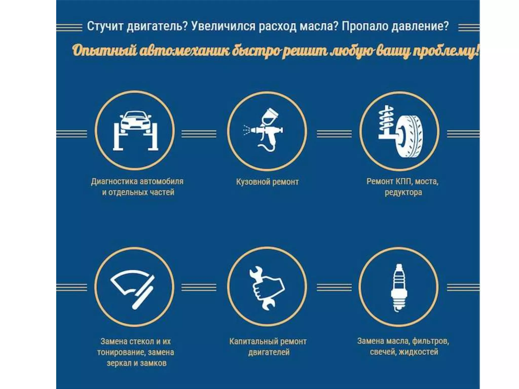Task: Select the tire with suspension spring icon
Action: coord(400,131)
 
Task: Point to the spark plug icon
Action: coord(399,287)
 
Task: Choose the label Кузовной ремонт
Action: coord(267,182)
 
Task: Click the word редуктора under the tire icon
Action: coord(403,192)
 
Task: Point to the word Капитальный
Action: coord(250,341)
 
